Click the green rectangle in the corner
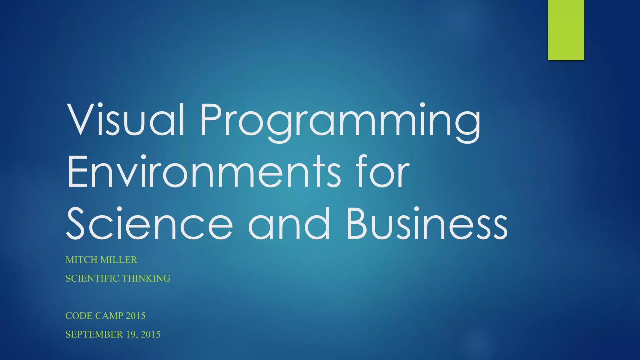click(x=566, y=30)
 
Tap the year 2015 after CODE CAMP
click(x=135, y=316)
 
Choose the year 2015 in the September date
click(x=150, y=334)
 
